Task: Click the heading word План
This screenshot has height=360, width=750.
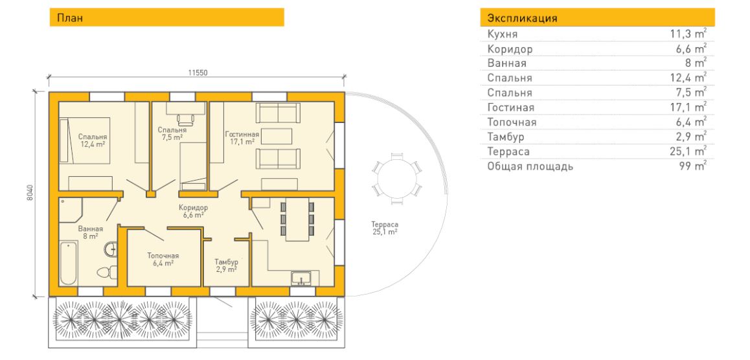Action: (70, 18)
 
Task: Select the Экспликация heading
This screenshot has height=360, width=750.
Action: (522, 19)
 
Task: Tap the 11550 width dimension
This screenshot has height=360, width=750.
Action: (197, 73)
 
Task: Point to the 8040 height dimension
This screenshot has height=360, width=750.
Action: (30, 192)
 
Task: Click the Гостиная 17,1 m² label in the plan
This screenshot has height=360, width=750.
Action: (242, 138)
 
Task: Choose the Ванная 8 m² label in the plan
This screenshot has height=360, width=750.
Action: (91, 232)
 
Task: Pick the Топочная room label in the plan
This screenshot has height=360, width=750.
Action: (160, 255)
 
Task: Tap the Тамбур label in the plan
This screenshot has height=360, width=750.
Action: (226, 262)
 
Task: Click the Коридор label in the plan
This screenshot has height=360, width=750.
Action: (193, 207)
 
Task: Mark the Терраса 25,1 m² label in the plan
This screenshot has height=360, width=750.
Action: (385, 228)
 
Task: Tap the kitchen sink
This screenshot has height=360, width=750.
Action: (301, 278)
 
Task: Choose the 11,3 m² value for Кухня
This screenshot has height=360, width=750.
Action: (688, 34)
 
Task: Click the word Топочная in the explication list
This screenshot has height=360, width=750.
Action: (512, 122)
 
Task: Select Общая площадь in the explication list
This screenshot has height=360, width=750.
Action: (530, 167)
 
